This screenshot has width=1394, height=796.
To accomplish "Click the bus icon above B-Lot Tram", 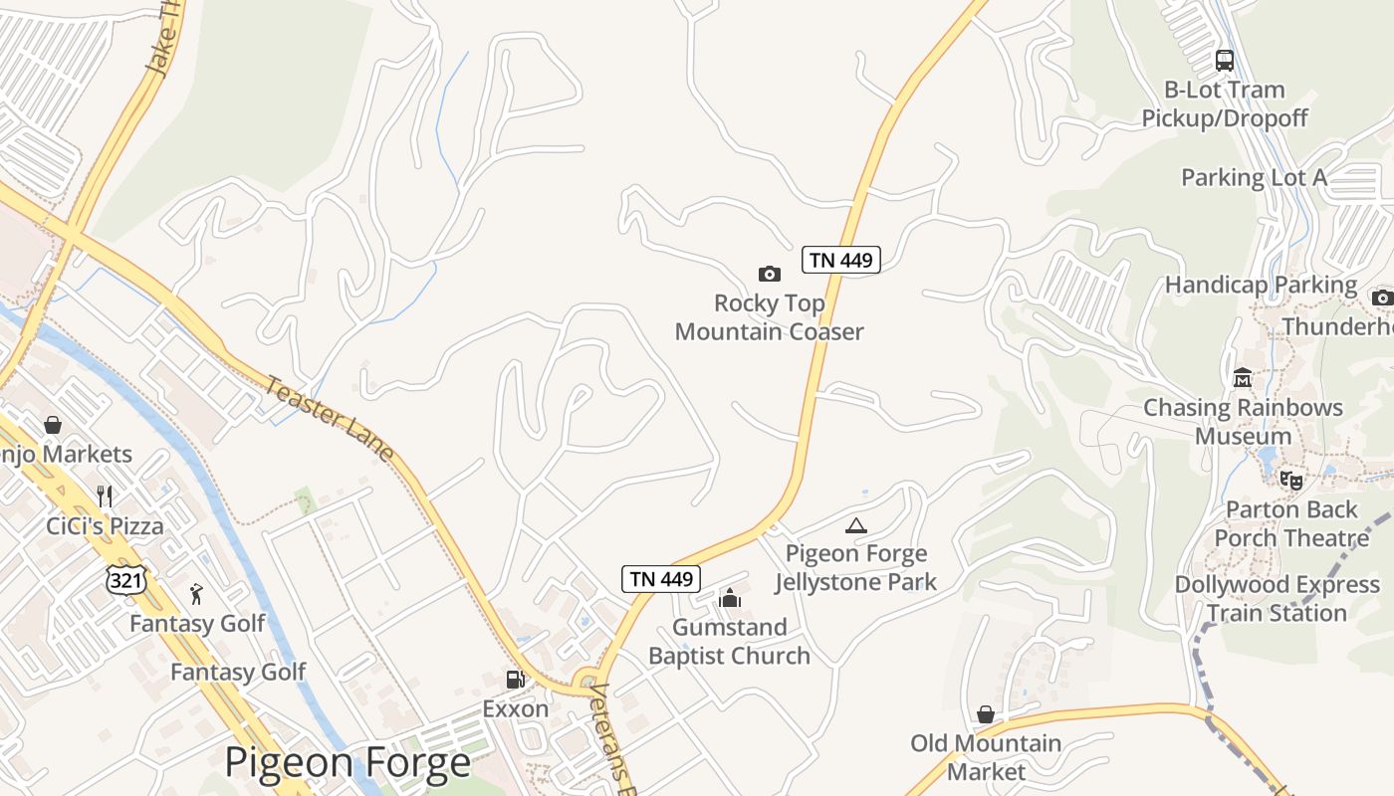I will click(1225, 61).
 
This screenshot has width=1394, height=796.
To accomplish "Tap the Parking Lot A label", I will click(1254, 178).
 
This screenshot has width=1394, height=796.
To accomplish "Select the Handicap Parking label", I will click(1261, 286).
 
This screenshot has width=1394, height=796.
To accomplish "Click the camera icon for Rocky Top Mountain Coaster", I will click(769, 274).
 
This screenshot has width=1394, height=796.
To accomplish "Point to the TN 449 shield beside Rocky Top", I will click(841, 261).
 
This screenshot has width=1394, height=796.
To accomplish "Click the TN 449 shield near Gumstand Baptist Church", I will click(661, 579).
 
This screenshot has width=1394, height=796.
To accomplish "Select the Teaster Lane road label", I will click(330, 415).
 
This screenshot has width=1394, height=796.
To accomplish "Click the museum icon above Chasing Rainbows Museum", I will click(1243, 378).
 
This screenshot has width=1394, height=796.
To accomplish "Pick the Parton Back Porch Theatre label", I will click(1291, 523).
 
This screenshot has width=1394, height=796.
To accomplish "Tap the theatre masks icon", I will click(1291, 481).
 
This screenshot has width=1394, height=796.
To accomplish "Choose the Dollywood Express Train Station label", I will click(1277, 598).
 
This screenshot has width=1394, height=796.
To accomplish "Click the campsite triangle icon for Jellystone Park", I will click(855, 525).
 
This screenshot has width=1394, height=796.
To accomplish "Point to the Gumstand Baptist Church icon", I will click(730, 598).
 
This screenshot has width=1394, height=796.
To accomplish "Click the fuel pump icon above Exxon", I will click(515, 681).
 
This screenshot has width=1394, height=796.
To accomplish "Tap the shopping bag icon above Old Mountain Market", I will click(986, 714).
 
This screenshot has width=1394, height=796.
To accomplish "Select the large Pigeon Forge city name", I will click(347, 763).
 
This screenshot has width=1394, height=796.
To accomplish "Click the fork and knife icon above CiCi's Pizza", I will click(105, 496).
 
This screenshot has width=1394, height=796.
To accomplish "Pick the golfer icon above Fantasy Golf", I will click(196, 595).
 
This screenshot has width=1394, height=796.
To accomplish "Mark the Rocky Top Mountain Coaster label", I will click(769, 317).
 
